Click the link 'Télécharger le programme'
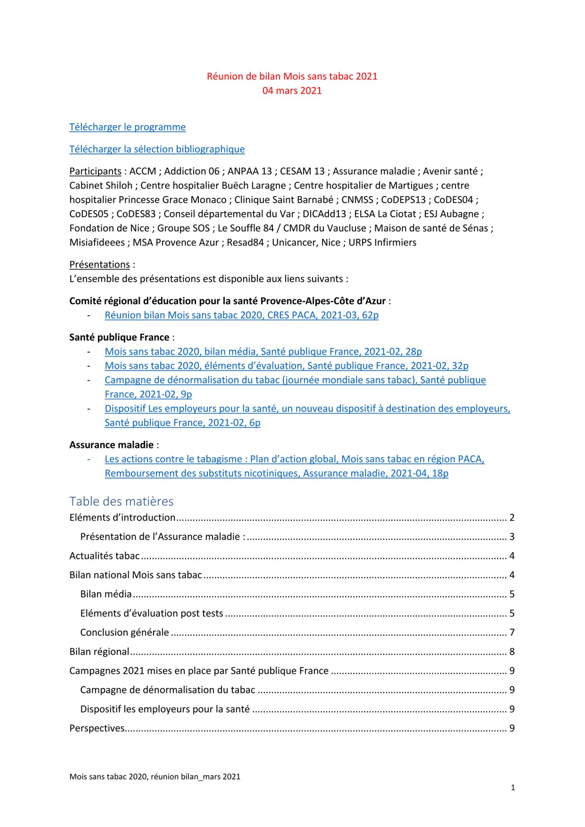[x=127, y=127]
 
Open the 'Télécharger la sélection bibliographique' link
[x=157, y=149]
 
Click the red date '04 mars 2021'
[x=292, y=91]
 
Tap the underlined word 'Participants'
[x=95, y=171]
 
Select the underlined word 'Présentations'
[x=99, y=265]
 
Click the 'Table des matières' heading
[x=121, y=501]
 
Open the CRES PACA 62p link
[x=241, y=315]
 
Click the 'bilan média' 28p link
[x=263, y=351]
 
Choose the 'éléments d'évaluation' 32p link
[x=286, y=366]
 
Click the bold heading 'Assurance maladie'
[x=111, y=445]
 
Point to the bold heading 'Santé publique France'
[x=119, y=337]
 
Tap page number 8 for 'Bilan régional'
[x=512, y=652]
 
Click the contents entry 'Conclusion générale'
[x=124, y=633]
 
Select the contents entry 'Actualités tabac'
[x=104, y=556]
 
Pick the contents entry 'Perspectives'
[x=97, y=728]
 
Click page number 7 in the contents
[x=512, y=633]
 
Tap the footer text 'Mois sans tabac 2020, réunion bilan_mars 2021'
[x=155, y=777]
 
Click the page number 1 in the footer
[x=513, y=788]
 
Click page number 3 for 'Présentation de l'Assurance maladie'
[x=512, y=537]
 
